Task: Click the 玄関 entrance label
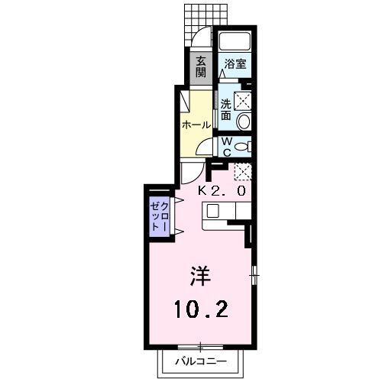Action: coord(200,66)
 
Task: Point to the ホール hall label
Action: coord(196,125)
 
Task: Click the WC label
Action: coord(226,144)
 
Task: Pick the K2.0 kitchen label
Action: coord(223,190)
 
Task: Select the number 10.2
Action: coord(199,309)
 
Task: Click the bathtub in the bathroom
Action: coord(234,43)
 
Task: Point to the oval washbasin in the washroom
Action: coord(244,121)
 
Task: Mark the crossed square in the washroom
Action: coord(243,99)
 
